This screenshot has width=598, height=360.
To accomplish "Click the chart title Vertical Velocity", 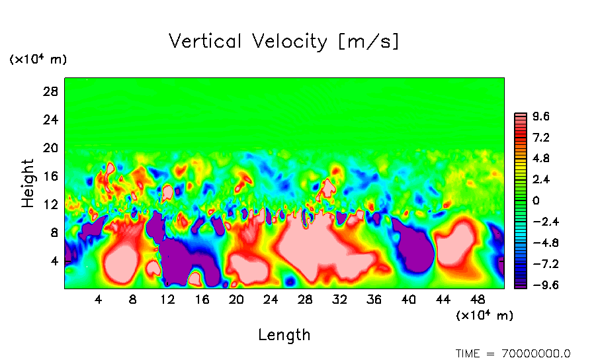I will [x=284, y=42].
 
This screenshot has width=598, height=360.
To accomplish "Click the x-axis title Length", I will [x=284, y=335].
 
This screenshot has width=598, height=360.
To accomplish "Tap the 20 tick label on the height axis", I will [x=51, y=148].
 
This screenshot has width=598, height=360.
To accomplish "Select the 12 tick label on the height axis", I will [x=51, y=204].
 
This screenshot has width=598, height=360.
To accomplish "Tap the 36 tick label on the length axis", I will [x=374, y=300].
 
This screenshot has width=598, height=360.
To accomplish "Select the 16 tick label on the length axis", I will [x=202, y=300].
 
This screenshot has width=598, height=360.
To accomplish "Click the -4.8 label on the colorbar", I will [x=538, y=243].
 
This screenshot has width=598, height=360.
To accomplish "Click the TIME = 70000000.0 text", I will [x=513, y=353].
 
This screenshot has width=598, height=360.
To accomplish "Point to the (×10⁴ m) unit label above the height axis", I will [x=38, y=60].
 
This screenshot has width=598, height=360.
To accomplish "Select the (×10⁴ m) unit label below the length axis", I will [x=484, y=316].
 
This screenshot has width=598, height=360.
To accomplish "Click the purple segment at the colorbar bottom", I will [x=521, y=285].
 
